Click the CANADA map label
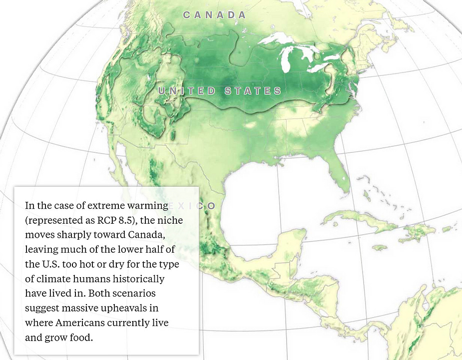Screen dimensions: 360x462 (x=214, y=15)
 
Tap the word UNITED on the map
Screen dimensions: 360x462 (x=187, y=91)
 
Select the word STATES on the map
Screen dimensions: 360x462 (x=253, y=91)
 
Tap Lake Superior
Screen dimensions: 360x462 (x=280, y=39)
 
